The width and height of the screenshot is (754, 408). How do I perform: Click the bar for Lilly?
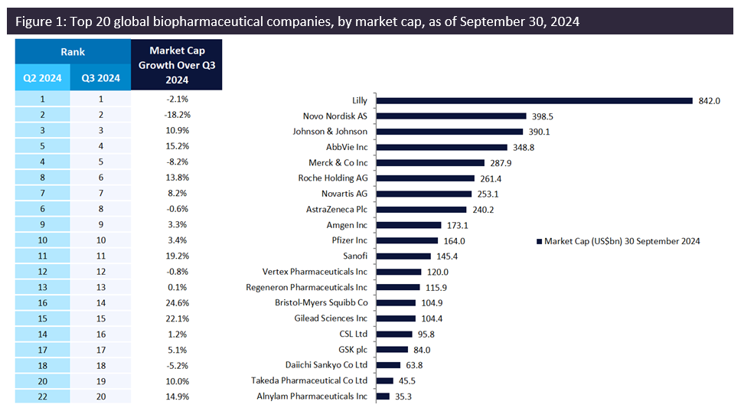[534, 100]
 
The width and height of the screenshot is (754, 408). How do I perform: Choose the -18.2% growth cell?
[177, 115]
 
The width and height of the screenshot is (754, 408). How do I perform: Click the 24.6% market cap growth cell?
[177, 302]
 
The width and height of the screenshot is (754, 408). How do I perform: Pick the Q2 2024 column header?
[43, 77]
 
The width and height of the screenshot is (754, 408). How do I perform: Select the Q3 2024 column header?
[101, 77]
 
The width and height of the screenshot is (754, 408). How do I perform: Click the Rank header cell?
[73, 52]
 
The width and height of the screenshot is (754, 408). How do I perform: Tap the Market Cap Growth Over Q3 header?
[177, 65]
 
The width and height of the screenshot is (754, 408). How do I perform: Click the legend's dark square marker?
[540, 241]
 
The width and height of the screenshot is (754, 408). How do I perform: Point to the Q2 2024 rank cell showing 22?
[43, 396]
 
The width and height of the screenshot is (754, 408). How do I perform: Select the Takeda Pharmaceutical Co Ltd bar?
[384, 380]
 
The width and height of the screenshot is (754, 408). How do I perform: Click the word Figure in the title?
[34, 21]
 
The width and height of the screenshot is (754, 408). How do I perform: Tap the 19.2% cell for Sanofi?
[177, 256]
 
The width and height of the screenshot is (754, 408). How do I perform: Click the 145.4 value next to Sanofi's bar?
[448, 256]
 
